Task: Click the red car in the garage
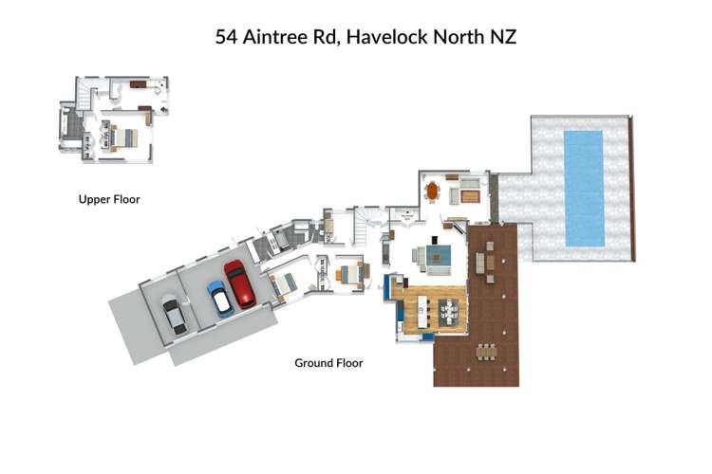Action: click(239, 284)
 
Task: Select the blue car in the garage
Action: click(218, 298)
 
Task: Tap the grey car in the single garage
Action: click(175, 314)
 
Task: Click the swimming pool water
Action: click(583, 186)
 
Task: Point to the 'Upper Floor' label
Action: click(108, 200)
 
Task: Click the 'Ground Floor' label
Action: click(328, 363)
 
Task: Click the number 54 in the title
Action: click(226, 38)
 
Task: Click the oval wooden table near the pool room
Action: click(433, 191)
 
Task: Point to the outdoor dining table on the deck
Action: click(486, 352)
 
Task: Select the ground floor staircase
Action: click(365, 224)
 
